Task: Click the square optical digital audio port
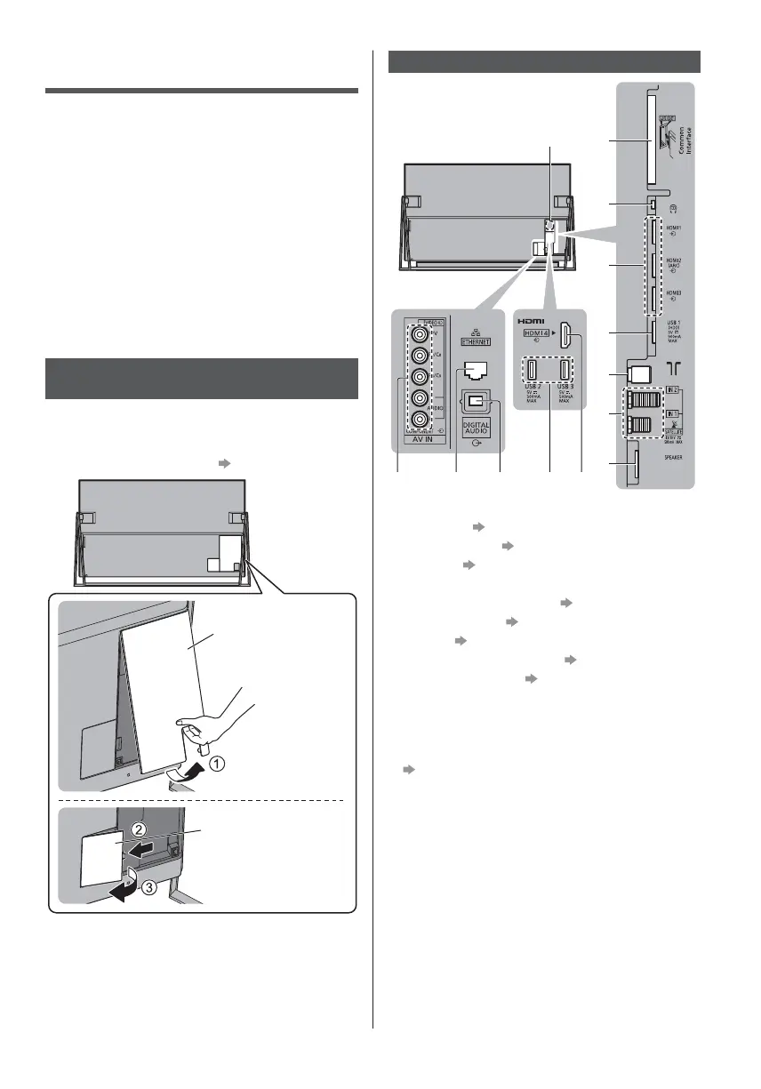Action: [x=478, y=402]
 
